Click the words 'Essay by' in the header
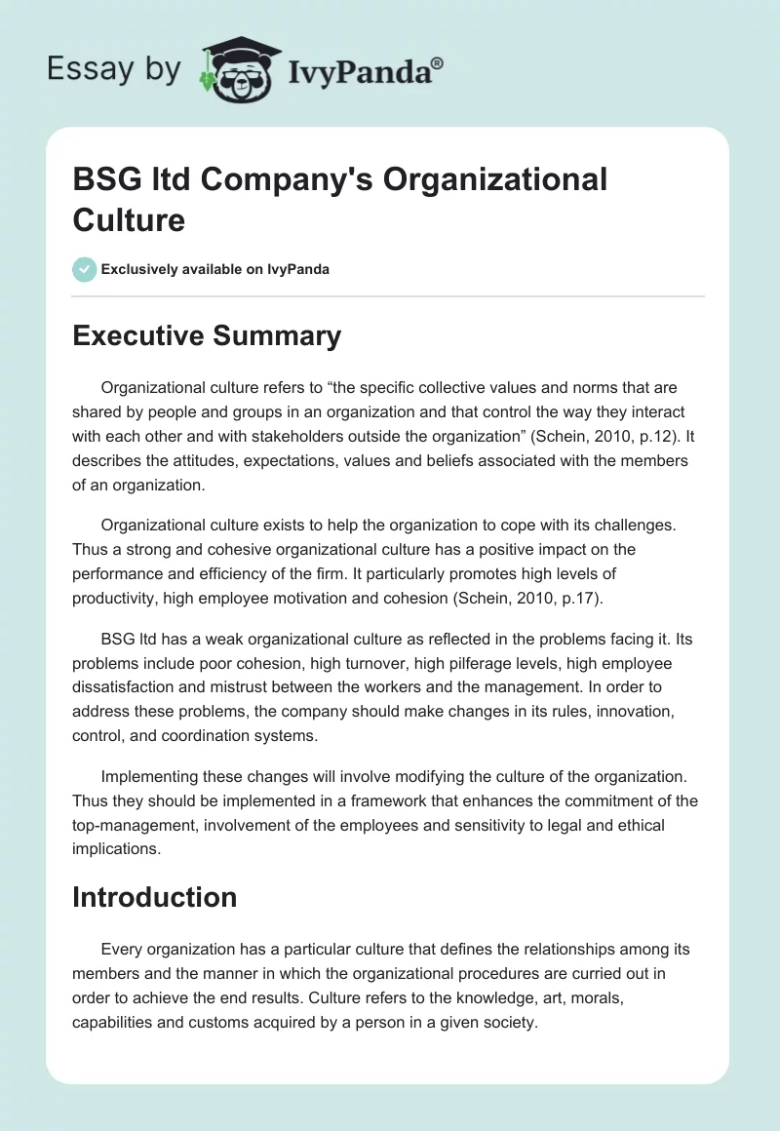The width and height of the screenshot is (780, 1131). tap(114, 69)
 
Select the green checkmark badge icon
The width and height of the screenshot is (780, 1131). tap(85, 269)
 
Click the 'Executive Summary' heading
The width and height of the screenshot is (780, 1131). tap(207, 336)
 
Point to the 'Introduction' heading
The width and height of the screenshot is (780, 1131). tap(154, 897)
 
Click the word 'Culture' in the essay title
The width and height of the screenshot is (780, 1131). tap(128, 219)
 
